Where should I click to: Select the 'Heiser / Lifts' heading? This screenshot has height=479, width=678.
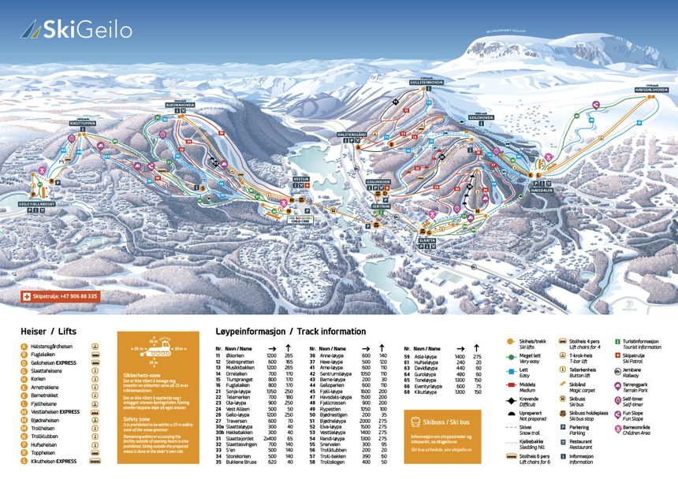click(x=50, y=333)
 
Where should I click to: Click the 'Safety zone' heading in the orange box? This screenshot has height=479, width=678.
click(x=136, y=418)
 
